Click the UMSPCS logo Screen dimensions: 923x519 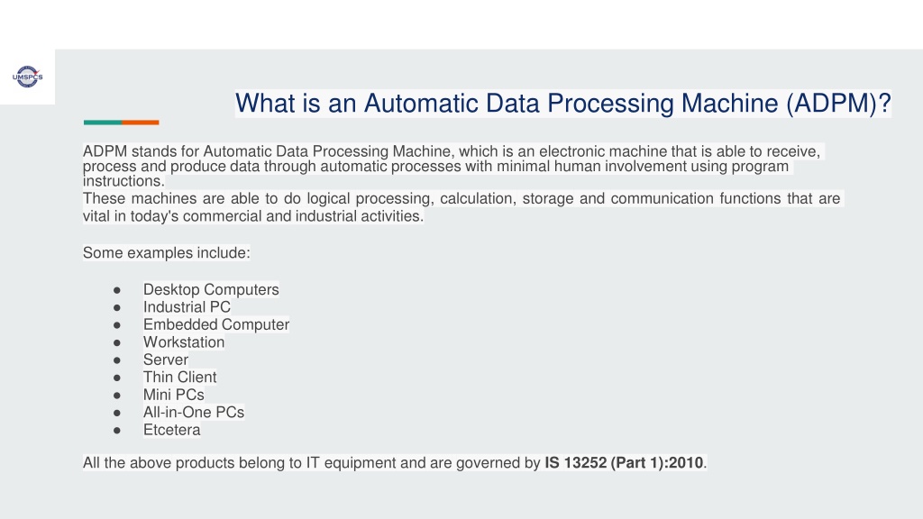pyautogui.click(x=28, y=77)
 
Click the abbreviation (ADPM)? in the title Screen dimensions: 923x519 pyautogui.click(x=838, y=104)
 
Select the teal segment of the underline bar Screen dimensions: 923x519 pyautogui.click(x=103, y=123)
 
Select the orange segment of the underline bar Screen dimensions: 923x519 pyautogui.click(x=141, y=123)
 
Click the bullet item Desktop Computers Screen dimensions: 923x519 pyautogui.click(x=211, y=289)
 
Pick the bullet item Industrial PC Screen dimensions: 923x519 pyautogui.click(x=187, y=307)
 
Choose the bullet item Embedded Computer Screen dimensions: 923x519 pyautogui.click(x=216, y=324)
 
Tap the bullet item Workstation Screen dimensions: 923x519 pyautogui.click(x=184, y=342)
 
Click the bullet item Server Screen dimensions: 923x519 pyautogui.click(x=166, y=360)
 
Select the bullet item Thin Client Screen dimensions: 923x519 pyautogui.click(x=179, y=378)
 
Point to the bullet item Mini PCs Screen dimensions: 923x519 pyautogui.click(x=174, y=395)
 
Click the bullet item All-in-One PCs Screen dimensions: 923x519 pyautogui.click(x=194, y=413)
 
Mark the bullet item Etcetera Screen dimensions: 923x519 pyautogui.click(x=171, y=430)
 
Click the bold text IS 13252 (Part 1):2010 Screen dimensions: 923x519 pyautogui.click(x=624, y=463)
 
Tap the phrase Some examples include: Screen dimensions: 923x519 pyautogui.click(x=167, y=253)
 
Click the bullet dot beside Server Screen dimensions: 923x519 pyautogui.click(x=117, y=360)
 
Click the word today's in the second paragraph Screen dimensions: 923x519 pyautogui.click(x=154, y=216)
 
